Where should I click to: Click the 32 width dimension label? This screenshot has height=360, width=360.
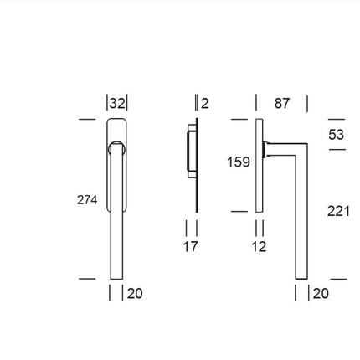(x=117, y=103)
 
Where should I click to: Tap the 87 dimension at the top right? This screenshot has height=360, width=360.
(x=282, y=103)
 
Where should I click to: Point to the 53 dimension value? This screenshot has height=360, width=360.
(x=336, y=134)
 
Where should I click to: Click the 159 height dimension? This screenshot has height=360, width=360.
(x=239, y=162)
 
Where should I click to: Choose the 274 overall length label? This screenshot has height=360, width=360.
(x=87, y=200)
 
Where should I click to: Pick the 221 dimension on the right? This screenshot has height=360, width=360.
(x=338, y=211)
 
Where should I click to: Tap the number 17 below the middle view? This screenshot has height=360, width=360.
(x=191, y=247)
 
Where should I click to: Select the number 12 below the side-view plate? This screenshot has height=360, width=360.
(x=259, y=247)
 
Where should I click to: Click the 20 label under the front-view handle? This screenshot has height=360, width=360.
(x=135, y=293)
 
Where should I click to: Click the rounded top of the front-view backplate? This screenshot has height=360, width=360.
(x=117, y=125)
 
